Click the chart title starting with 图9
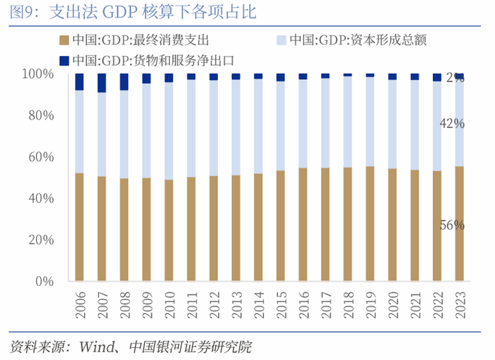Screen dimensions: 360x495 134,13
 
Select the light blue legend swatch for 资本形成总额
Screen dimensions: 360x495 281,40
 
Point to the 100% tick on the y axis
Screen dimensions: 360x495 37,74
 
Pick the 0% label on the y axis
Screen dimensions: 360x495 44,281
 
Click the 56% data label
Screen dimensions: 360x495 452,226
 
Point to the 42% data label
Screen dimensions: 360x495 452,124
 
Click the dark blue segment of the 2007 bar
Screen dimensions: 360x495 102,83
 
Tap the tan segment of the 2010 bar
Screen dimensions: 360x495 168,230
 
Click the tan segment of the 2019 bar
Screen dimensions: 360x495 370,223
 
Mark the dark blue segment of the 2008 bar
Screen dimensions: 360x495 124,81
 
